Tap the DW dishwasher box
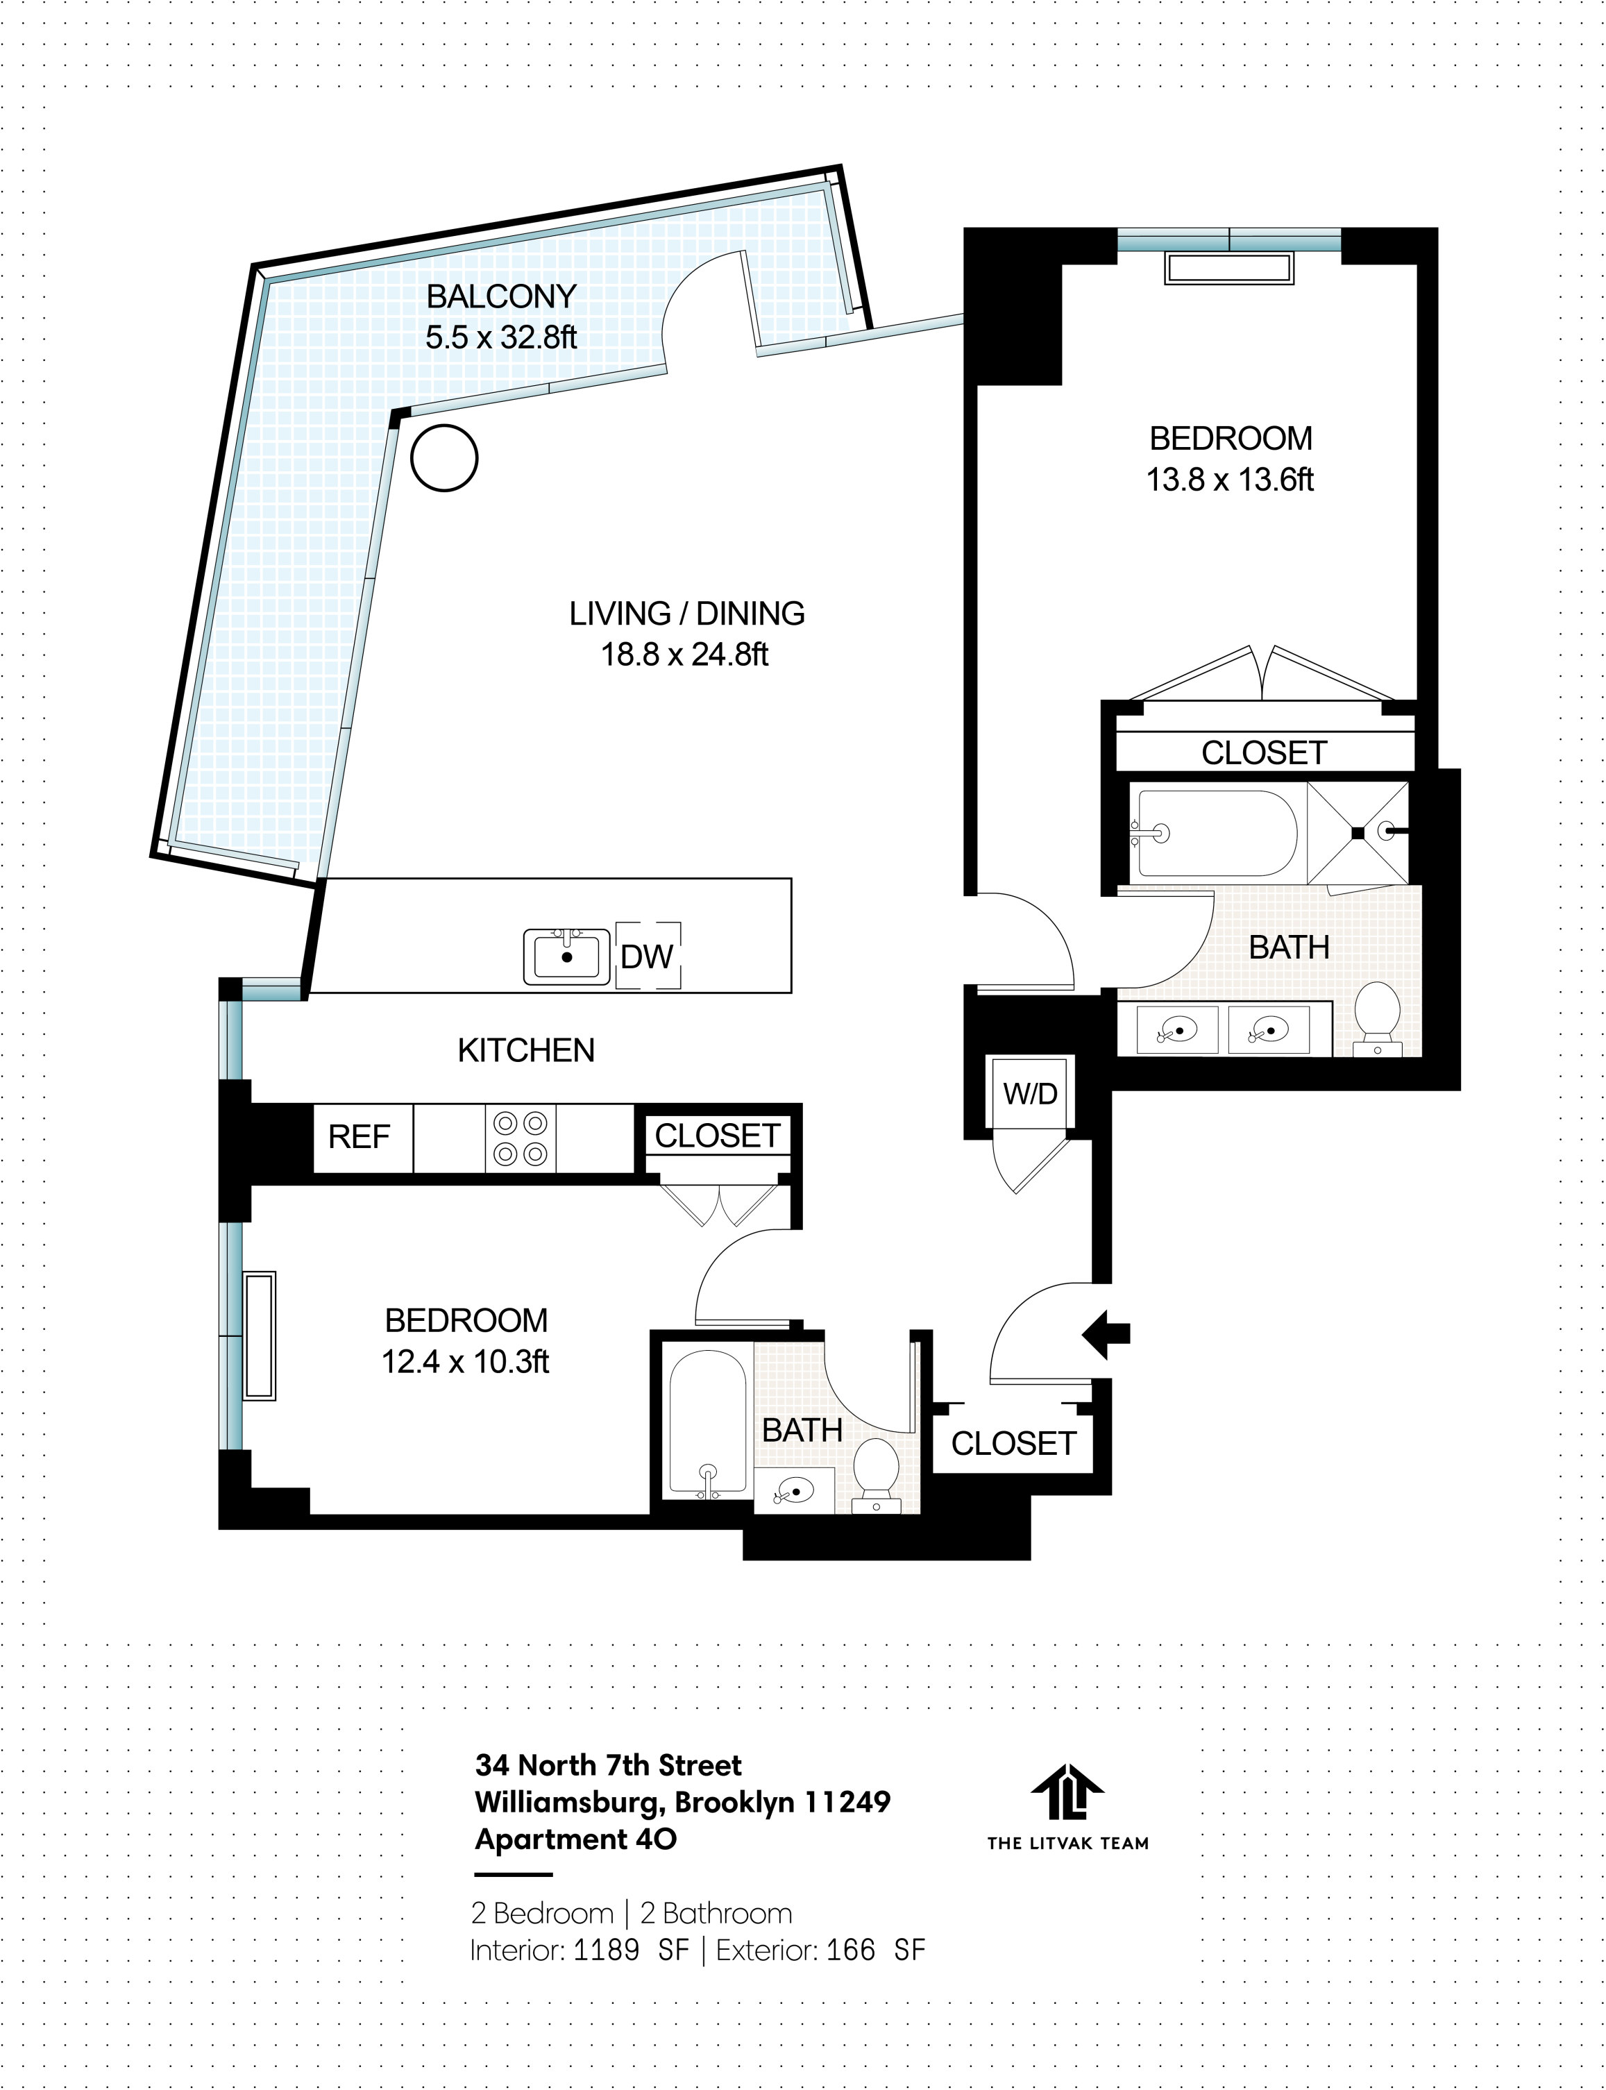[647, 955]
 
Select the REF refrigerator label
[359, 1137]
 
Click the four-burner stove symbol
[521, 1138]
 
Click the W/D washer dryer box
[1029, 1094]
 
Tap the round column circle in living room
[443, 458]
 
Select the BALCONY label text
[501, 296]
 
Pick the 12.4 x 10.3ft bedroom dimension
[466, 1360]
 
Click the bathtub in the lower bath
[707, 1424]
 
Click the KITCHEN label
[526, 1051]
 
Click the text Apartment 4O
[575, 1839]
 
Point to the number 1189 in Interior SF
[606, 1950]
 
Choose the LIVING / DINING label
[686, 613]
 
